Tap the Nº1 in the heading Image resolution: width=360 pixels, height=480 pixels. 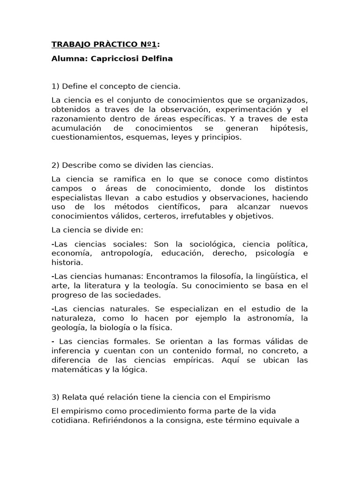point(147,45)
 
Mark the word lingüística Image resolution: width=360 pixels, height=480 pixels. point(264,276)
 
